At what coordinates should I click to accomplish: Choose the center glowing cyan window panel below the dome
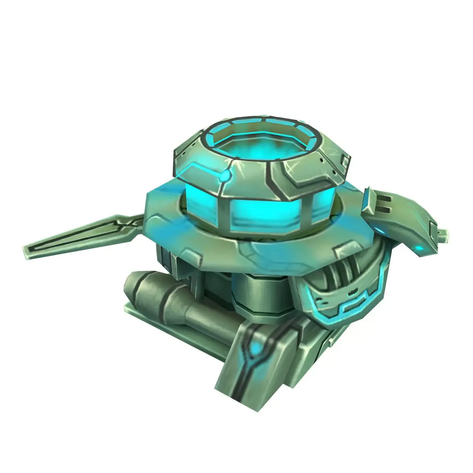(x=268, y=215)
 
